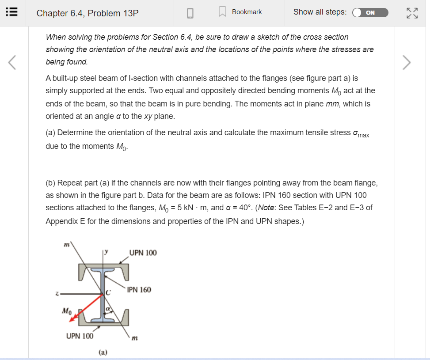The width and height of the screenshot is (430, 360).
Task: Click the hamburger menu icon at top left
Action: click(x=11, y=13)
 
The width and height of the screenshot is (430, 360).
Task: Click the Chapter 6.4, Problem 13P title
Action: click(x=88, y=13)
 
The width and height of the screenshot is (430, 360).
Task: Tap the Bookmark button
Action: click(x=242, y=12)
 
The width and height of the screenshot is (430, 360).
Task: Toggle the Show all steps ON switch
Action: click(x=370, y=13)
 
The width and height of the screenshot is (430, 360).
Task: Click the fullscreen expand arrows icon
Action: click(x=412, y=13)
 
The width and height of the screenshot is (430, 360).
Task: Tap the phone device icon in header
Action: click(x=190, y=13)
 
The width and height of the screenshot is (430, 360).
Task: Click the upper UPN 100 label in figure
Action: click(x=143, y=253)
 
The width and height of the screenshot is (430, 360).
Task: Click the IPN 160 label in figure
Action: click(x=139, y=290)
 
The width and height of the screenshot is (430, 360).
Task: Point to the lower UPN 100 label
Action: click(x=80, y=336)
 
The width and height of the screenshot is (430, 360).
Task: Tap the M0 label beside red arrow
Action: click(x=66, y=311)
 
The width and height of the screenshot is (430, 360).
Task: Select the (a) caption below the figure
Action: click(x=103, y=352)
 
